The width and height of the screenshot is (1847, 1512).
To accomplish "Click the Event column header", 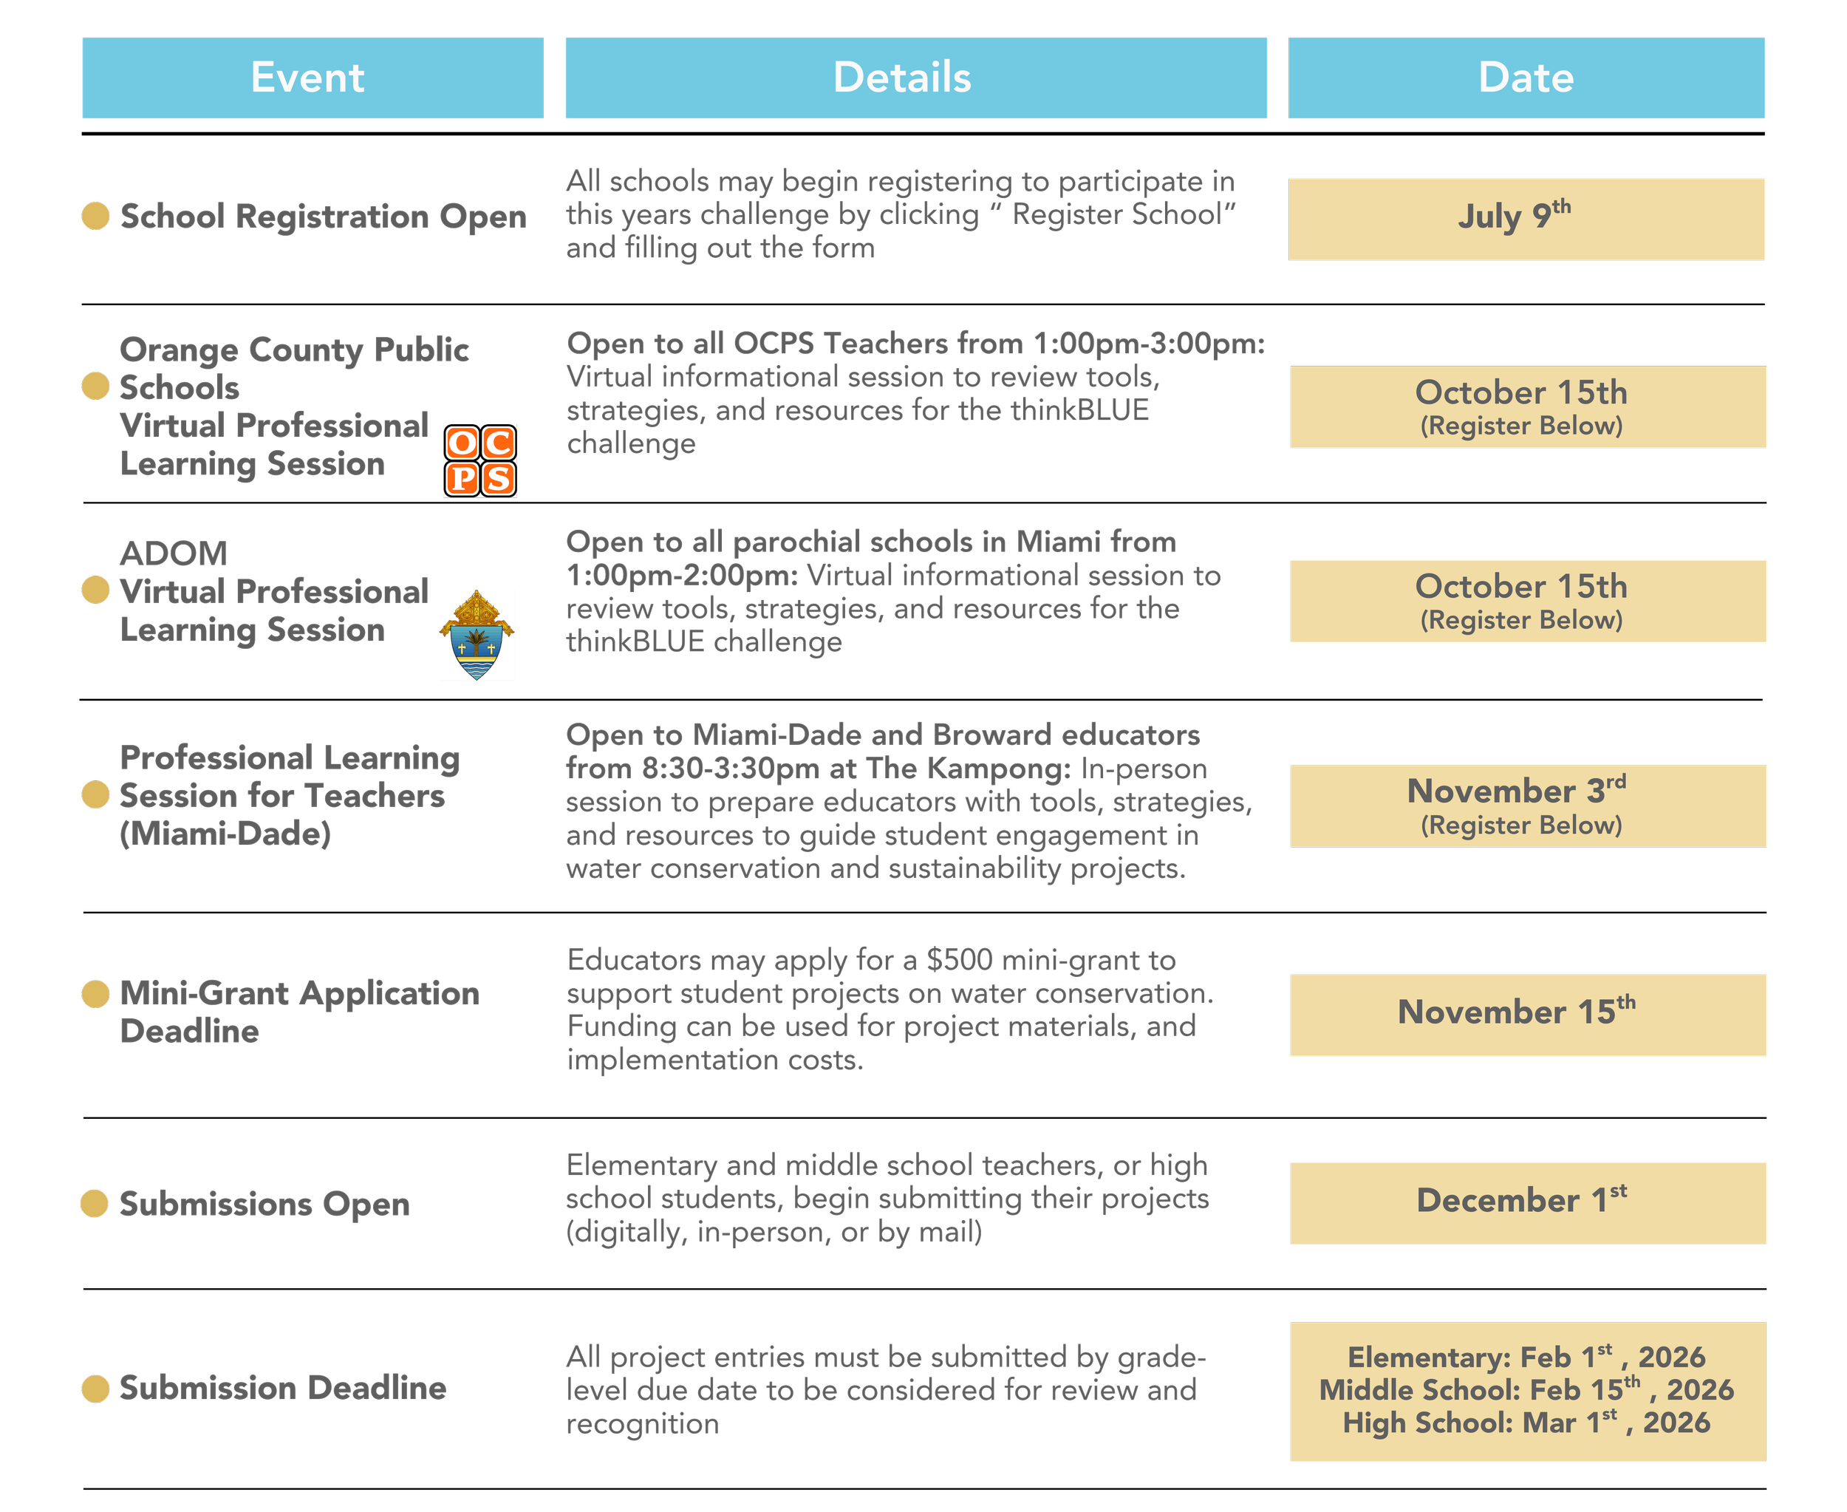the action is tap(312, 78).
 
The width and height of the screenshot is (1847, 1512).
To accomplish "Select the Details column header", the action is tap(915, 78).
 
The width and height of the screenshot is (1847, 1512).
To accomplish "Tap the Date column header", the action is tap(1526, 78).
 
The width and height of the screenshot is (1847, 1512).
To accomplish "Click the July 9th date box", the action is tap(1526, 219).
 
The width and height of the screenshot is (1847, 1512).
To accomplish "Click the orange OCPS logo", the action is tap(479, 460).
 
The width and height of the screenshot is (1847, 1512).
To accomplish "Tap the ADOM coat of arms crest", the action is tap(477, 636).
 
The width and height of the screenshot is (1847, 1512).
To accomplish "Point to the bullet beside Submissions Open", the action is tap(95, 1204).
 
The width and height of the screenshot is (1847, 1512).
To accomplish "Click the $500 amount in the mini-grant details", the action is tap(959, 960).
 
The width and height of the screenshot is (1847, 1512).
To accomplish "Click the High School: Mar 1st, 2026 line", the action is tap(1526, 1423).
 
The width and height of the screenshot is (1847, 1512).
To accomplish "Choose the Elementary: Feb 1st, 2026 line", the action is tap(1526, 1356).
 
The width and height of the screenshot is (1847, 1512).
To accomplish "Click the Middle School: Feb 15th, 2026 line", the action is tap(1526, 1389).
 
